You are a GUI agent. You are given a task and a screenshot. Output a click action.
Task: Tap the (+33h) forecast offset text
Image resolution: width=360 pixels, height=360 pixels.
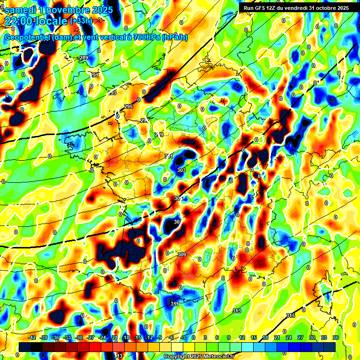[x=81, y=21]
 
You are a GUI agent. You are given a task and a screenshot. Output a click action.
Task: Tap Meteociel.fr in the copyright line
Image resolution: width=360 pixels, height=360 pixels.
[x=216, y=357]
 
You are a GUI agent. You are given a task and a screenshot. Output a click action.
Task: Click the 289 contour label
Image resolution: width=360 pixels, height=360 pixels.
[x=84, y=58]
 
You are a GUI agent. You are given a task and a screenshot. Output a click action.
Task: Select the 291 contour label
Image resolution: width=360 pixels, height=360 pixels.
[x=94, y=75]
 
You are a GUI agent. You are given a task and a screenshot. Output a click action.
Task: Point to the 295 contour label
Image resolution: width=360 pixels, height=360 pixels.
[x=129, y=107]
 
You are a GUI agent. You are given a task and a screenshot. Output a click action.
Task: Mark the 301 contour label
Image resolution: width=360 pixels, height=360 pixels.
[x=169, y=156]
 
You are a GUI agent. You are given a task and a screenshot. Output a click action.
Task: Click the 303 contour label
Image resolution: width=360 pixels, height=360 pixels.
[x=181, y=170]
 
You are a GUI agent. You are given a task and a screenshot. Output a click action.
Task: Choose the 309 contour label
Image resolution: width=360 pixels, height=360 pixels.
[x=182, y=255]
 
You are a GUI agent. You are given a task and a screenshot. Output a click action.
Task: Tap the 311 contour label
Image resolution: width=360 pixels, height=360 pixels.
[x=174, y=304]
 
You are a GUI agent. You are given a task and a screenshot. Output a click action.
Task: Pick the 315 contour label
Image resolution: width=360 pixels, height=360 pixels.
[x=291, y=315]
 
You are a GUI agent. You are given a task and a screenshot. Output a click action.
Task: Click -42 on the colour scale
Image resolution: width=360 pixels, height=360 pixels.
[x=32, y=337]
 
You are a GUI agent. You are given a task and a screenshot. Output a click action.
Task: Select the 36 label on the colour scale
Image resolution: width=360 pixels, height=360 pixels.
[x=336, y=337]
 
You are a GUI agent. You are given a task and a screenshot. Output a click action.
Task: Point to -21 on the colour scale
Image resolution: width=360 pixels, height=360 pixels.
[x=114, y=337]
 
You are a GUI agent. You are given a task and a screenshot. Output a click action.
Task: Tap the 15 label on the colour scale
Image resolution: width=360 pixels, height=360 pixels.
[x=254, y=337]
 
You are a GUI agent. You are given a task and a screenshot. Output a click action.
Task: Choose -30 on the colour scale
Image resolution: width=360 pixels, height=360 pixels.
[x=79, y=337]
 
